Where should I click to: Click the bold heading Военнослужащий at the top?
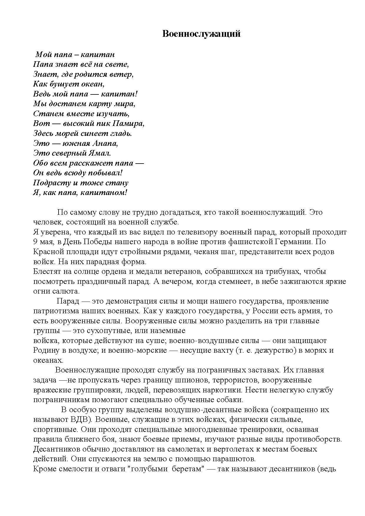click(201, 34)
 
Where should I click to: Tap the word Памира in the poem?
click(130, 124)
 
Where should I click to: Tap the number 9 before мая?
click(35, 242)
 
